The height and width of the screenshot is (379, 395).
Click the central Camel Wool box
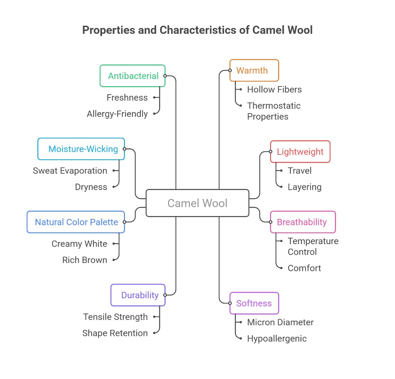pos(197,203)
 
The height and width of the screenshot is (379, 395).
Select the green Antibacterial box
pos(132,76)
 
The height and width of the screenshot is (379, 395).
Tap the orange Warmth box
pos(254,70)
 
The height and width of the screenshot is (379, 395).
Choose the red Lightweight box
pos(300,152)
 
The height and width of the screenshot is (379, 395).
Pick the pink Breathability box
pos(303,222)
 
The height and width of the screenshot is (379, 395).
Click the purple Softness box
pos(254,303)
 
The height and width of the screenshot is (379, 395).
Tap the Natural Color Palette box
pos(76,222)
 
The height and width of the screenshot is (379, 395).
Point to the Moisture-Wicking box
pos(81,149)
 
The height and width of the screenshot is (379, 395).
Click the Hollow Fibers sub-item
pos(274,89)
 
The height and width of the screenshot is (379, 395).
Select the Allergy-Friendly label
pos(117,114)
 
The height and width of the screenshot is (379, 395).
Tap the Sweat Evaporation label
pos(70,171)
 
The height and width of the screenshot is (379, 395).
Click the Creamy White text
pos(79,244)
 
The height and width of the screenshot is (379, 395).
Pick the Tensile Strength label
pos(115,317)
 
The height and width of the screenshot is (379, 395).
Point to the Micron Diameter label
pos(280,322)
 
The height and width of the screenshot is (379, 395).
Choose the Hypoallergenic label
pos(277,338)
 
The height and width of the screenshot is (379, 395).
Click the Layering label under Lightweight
pos(304,187)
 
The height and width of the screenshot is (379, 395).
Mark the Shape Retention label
pos(115,333)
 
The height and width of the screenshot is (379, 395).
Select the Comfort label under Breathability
pos(304,268)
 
